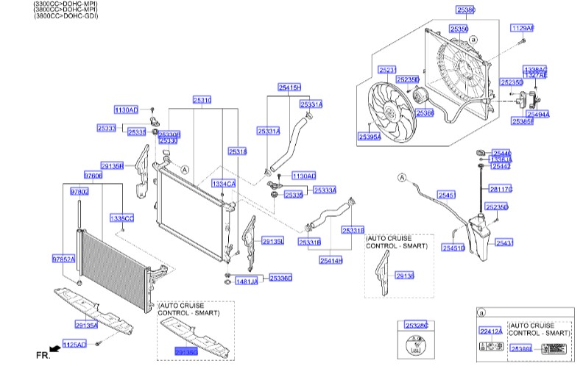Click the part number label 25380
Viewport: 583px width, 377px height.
pyautogui.click(x=465, y=10)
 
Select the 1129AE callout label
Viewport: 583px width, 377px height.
pyautogui.click(x=522, y=28)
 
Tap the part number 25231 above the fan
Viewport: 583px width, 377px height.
pyautogui.click(x=388, y=70)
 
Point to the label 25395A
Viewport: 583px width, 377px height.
pyautogui.click(x=370, y=137)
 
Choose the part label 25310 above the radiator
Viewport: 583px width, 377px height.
pyautogui.click(x=202, y=99)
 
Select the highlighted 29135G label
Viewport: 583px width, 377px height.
pyautogui.click(x=186, y=353)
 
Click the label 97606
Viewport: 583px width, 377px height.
pyautogui.click(x=93, y=176)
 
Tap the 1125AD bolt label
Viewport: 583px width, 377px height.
pyautogui.click(x=74, y=344)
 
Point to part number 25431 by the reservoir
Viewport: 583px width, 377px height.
pyautogui.click(x=504, y=243)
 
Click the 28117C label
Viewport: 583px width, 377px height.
pyautogui.click(x=501, y=190)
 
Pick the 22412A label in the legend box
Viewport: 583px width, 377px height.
pyautogui.click(x=490, y=331)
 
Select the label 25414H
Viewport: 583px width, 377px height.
pyautogui.click(x=331, y=260)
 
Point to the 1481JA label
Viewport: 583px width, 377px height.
pyautogui.click(x=247, y=281)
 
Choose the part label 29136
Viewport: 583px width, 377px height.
pyautogui.click(x=405, y=276)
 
